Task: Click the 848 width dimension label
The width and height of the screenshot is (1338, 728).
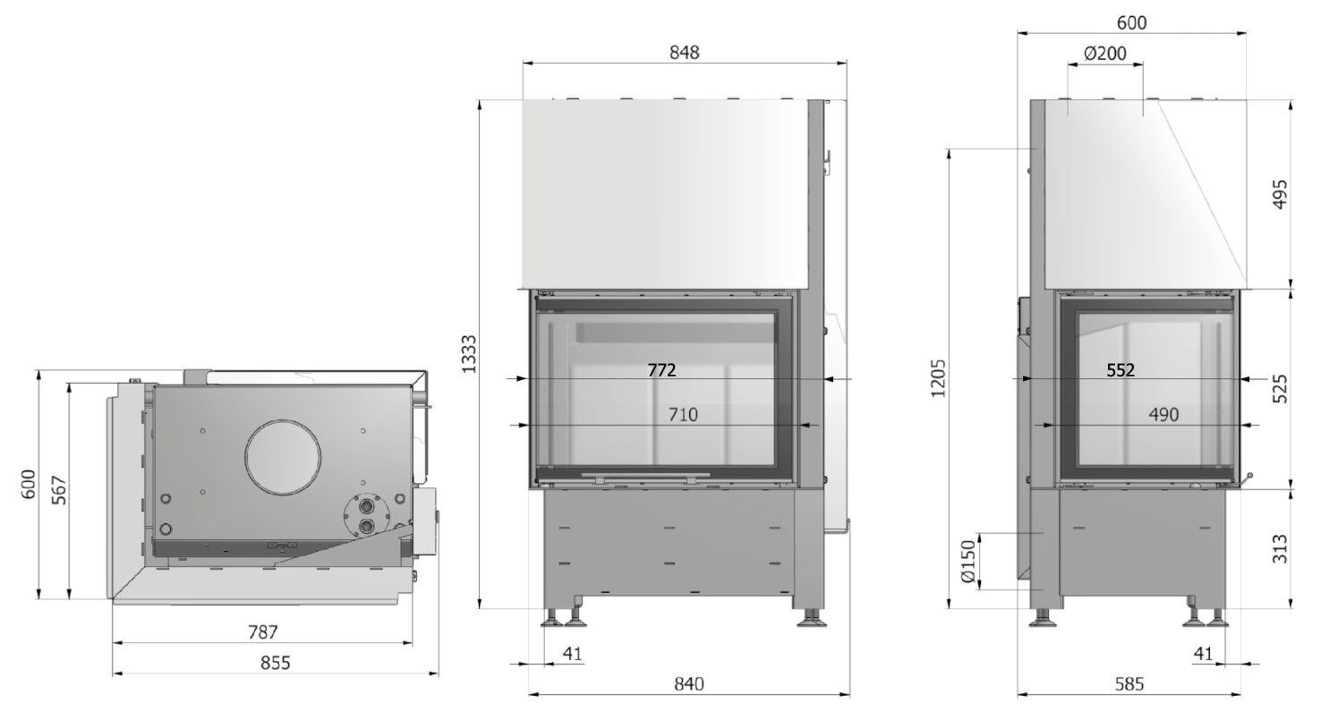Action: (684, 53)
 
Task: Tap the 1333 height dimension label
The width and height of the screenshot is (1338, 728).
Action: (469, 354)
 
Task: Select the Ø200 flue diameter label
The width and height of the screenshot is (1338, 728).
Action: (1105, 54)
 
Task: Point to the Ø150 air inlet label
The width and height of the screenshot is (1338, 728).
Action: (967, 561)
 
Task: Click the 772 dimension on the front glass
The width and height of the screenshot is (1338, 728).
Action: (661, 370)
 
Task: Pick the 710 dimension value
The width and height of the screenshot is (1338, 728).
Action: (683, 414)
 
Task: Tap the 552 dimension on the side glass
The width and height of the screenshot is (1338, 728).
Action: (1121, 370)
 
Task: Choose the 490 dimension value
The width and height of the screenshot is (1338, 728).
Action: (1163, 414)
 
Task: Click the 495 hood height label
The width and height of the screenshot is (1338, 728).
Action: (1280, 194)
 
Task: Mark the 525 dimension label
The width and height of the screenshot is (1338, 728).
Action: (1280, 388)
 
